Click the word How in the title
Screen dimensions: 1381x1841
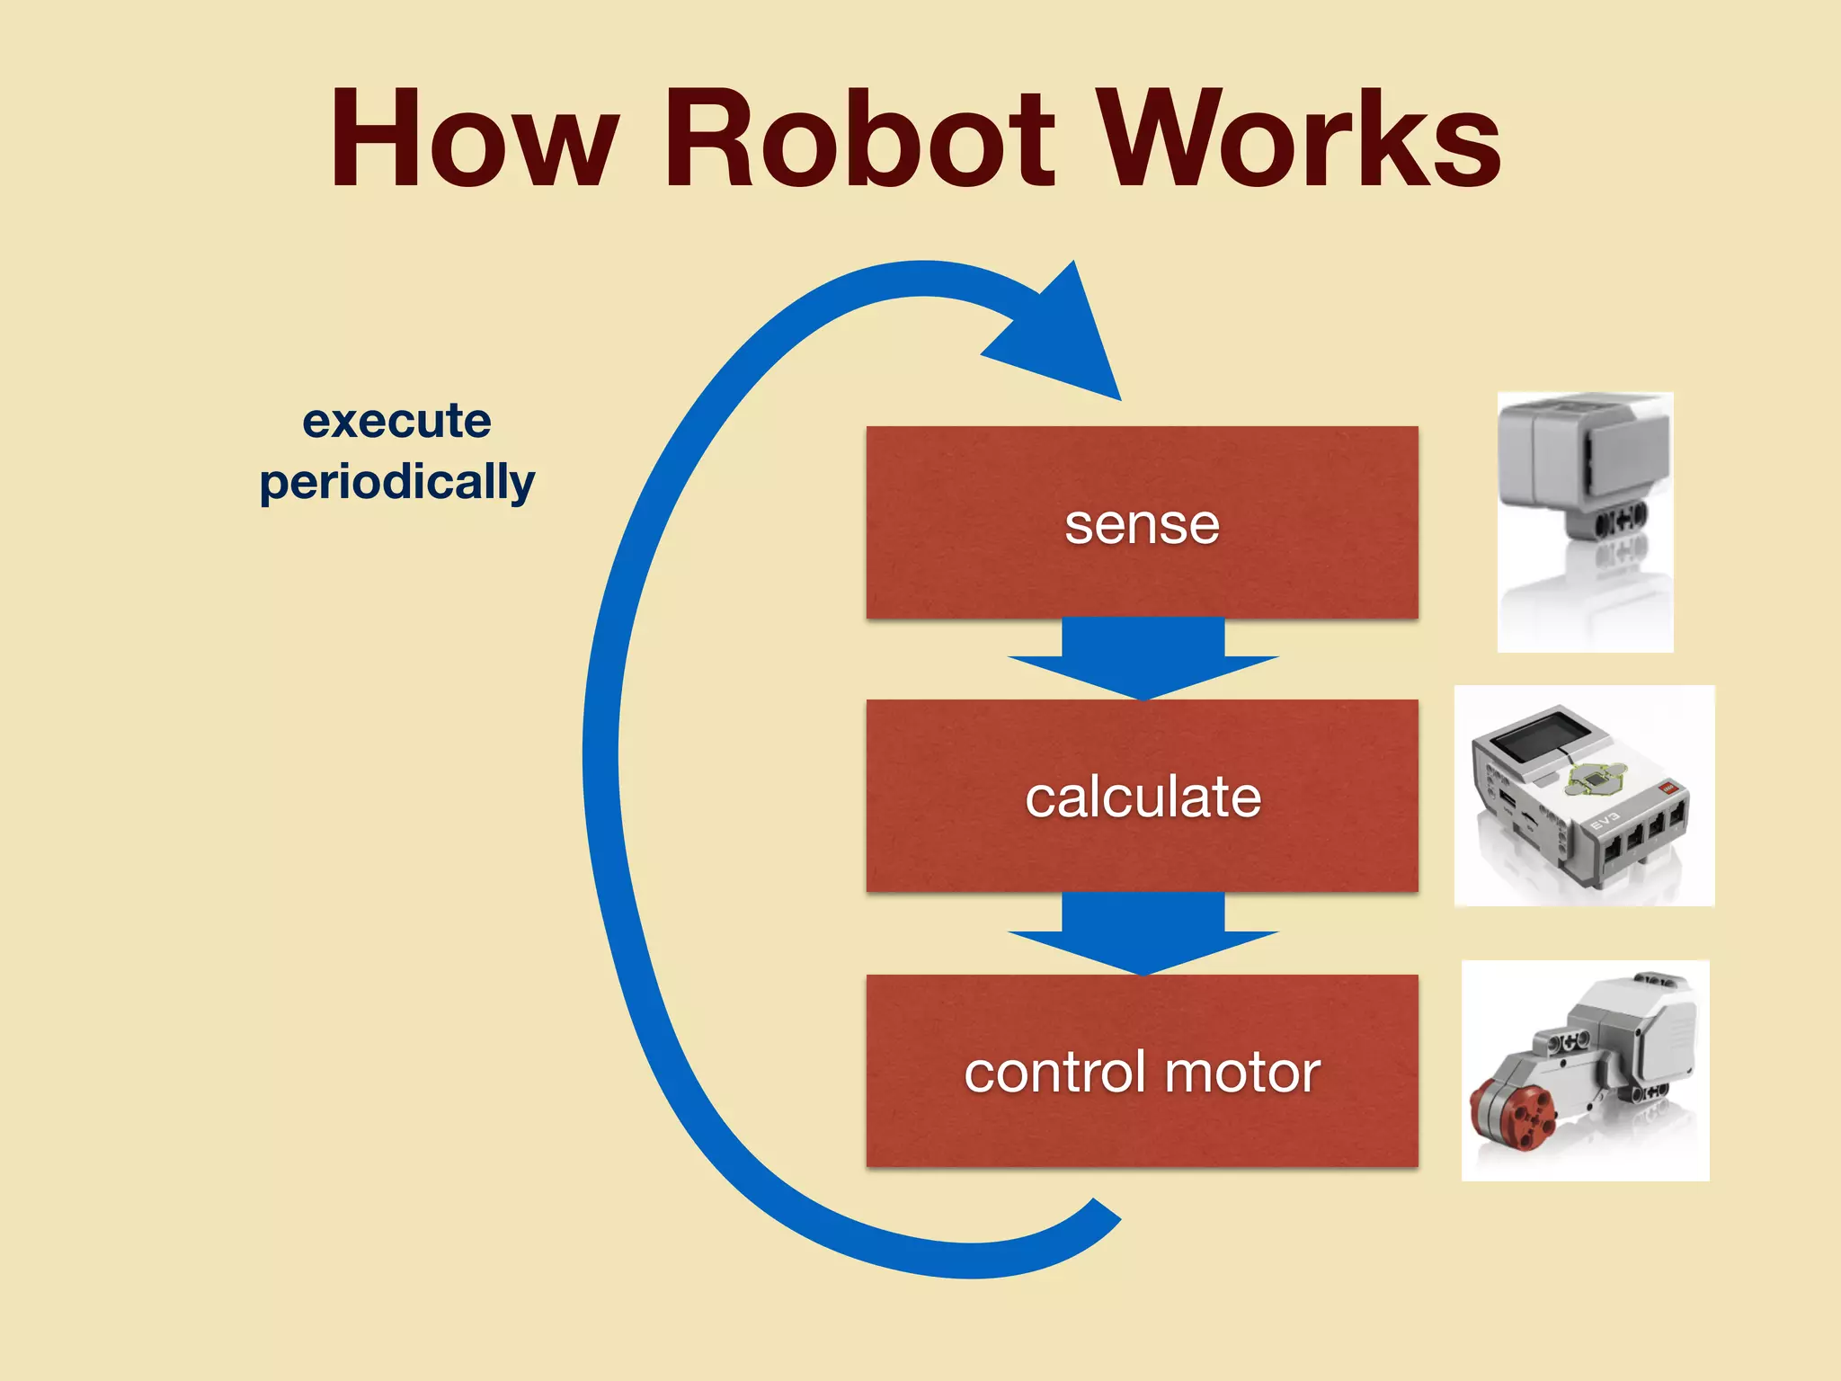(x=474, y=139)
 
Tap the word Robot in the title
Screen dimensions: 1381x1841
(x=858, y=139)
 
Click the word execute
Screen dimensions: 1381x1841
(x=396, y=421)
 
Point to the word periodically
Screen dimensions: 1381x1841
(x=396, y=483)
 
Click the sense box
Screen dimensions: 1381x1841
(x=1142, y=522)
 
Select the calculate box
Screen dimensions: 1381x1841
(x=1142, y=796)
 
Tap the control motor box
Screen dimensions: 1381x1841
(x=1142, y=1071)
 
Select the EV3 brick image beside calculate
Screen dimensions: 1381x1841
(x=1584, y=796)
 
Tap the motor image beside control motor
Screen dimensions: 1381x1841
(x=1584, y=1070)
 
